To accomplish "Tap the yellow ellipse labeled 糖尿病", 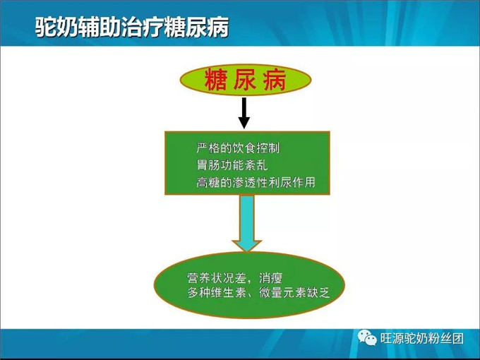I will [x=244, y=79].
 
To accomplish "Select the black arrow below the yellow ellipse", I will [x=244, y=112].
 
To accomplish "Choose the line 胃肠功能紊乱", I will [x=232, y=166].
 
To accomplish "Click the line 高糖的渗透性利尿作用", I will [x=256, y=183].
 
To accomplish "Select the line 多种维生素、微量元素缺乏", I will [x=259, y=292].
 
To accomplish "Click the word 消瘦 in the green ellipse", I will [x=278, y=275].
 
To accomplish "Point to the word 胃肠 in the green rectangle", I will [x=208, y=166].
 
